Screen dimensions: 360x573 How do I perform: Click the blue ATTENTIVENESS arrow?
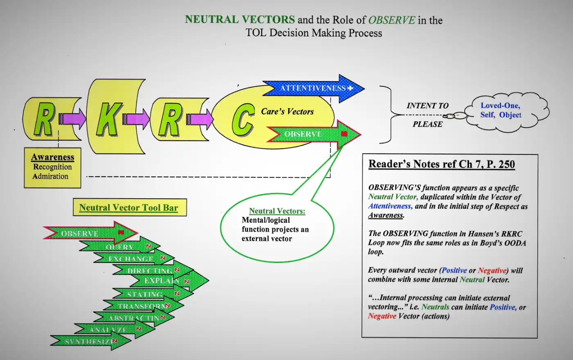pos(313,88)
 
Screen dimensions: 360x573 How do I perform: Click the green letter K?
pos(108,119)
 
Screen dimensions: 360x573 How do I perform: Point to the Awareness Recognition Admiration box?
pos(52,168)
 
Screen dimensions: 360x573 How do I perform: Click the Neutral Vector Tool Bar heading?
pos(129,208)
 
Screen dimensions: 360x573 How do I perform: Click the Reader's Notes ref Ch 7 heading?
pos(441,164)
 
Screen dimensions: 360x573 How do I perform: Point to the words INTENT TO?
pos(427,106)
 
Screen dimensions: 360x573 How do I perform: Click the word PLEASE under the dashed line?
pos(427,125)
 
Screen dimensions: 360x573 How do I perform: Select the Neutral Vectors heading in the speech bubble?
pos(277,211)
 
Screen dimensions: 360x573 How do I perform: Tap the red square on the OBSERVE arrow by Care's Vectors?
pos(344,134)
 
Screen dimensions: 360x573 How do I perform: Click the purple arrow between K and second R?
pos(136,119)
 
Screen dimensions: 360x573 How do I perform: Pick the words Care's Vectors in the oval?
pos(287,111)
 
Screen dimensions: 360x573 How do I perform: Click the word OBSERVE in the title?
pos(391,20)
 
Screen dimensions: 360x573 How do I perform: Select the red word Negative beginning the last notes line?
pos(382,316)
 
